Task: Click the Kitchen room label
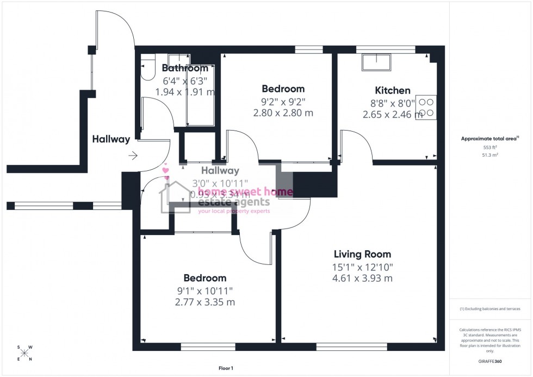[x=392, y=90]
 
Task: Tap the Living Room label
[x=362, y=254]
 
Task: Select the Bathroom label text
[x=185, y=69]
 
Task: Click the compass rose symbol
[x=24, y=353]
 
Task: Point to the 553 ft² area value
[x=491, y=147]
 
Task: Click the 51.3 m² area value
[x=491, y=154]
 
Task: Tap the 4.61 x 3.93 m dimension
[x=362, y=279]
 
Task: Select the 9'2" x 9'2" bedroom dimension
[x=283, y=101]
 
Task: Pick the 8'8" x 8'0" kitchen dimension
[x=389, y=102]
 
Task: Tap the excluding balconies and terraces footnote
[x=490, y=308]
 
